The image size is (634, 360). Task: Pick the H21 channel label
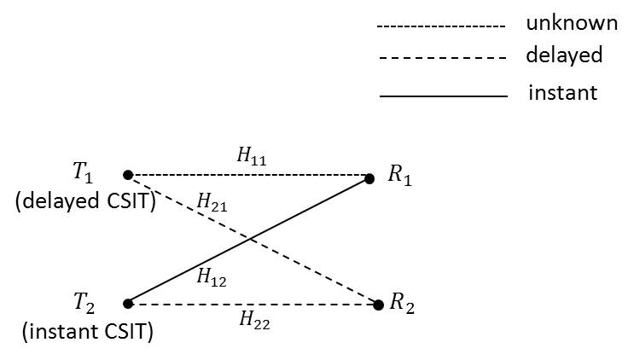pyautogui.click(x=211, y=202)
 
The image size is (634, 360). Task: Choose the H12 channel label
pyautogui.click(x=211, y=276)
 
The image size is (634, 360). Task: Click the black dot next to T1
pyautogui.click(x=128, y=175)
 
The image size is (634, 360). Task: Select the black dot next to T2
pyautogui.click(x=128, y=303)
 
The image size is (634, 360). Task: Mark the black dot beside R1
pyautogui.click(x=369, y=179)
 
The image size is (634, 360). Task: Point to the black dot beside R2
pyautogui.click(x=379, y=305)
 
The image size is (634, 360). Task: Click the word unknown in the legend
pyautogui.click(x=571, y=24)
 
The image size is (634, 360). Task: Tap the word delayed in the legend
pyautogui.click(x=564, y=56)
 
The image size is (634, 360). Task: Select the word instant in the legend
pyautogui.click(x=563, y=92)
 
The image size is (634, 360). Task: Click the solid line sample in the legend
pyautogui.click(x=443, y=96)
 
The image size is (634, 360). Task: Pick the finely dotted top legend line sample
pyautogui.click(x=441, y=28)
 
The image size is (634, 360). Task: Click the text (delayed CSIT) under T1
pyautogui.click(x=84, y=202)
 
